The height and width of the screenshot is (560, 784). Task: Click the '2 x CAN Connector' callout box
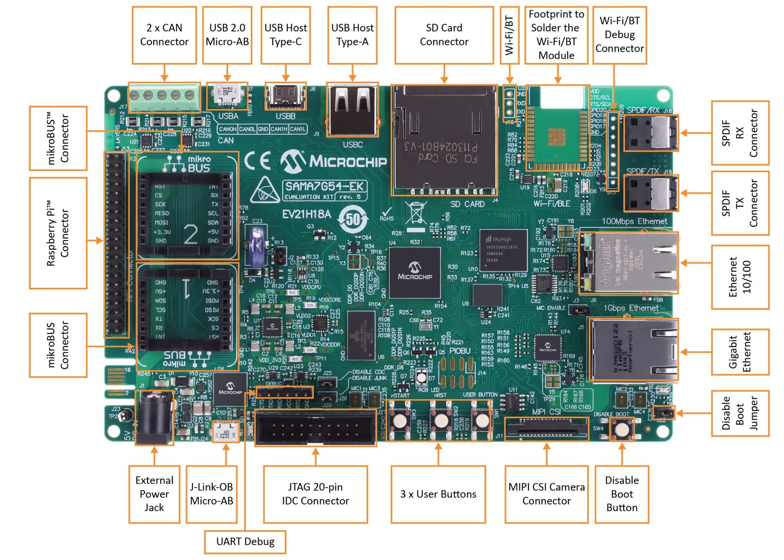(164, 35)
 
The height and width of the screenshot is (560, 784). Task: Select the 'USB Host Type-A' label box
(352, 35)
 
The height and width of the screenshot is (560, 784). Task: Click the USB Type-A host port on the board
(352, 110)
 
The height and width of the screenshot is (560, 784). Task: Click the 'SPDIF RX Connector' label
(739, 133)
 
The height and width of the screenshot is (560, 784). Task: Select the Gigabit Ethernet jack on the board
(633, 350)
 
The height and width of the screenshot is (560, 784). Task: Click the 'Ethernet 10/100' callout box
(739, 277)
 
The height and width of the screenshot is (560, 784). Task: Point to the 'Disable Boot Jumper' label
(739, 413)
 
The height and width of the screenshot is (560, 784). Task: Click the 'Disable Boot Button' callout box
(621, 494)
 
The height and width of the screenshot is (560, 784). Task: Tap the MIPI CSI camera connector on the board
(546, 429)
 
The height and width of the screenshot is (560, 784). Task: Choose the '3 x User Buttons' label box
(438, 494)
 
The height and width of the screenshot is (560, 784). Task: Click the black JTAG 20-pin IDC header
(315, 428)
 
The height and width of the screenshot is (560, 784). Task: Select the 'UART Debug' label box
(245, 542)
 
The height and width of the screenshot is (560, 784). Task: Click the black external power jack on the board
(154, 417)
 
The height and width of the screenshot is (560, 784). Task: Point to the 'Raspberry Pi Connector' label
(58, 233)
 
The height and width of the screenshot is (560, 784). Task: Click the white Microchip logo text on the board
(347, 161)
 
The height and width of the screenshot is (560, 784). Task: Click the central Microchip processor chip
(414, 273)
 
